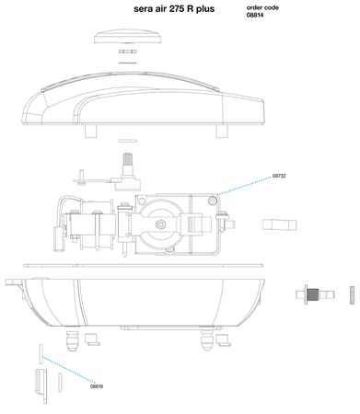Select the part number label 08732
[x=281, y=176]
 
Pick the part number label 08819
[x=97, y=386]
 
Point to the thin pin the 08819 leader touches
[x=41, y=351]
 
